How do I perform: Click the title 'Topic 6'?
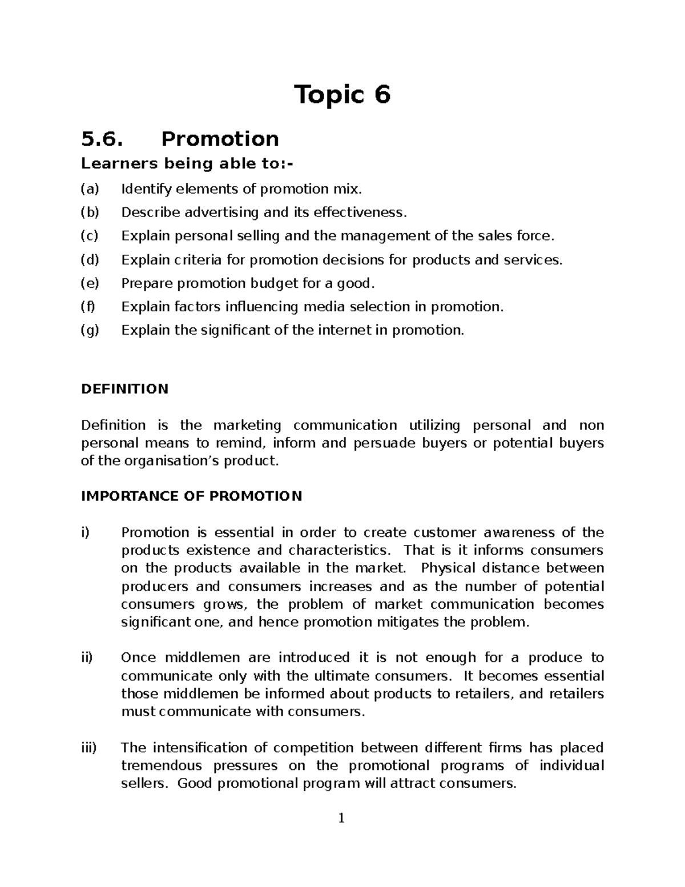[342, 95]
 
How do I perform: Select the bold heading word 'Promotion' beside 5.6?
[220, 139]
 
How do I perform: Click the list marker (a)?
[90, 189]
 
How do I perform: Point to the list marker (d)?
[90, 260]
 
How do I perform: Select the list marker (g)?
[90, 331]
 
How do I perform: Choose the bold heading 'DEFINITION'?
[124, 390]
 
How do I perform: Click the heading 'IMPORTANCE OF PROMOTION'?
[191, 496]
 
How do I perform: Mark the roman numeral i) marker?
[86, 533]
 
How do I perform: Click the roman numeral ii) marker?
[87, 658]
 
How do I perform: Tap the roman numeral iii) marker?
[88, 748]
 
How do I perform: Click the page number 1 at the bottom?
[341, 819]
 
